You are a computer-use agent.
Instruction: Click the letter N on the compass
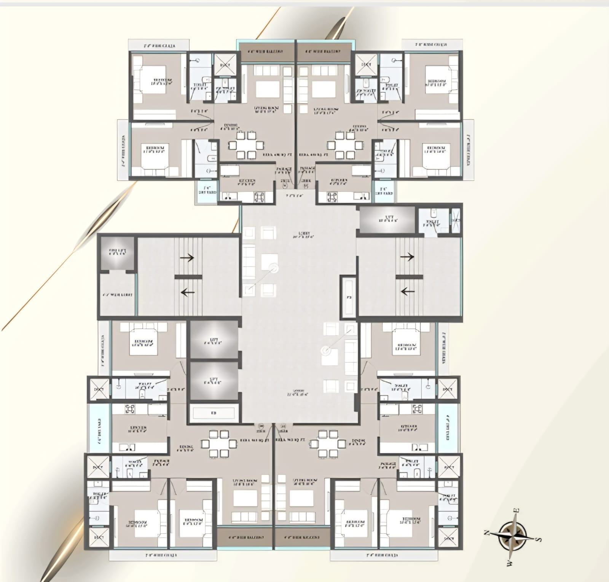point(486,533)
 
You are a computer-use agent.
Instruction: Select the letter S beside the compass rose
point(538,539)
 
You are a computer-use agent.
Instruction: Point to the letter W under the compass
point(509,563)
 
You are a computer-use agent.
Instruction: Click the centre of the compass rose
point(512,536)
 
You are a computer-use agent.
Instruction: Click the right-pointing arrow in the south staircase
point(407,257)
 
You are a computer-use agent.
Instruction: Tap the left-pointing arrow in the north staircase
point(187,292)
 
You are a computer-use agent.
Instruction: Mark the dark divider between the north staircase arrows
point(188,275)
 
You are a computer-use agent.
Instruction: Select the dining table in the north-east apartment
point(246,145)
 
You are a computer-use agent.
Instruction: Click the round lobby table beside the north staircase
point(273,268)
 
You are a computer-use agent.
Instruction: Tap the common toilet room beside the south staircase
point(434,221)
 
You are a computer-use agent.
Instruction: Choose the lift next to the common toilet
point(387,220)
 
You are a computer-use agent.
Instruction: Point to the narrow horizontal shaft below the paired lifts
point(214,413)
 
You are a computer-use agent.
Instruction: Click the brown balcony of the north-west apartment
point(246,537)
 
